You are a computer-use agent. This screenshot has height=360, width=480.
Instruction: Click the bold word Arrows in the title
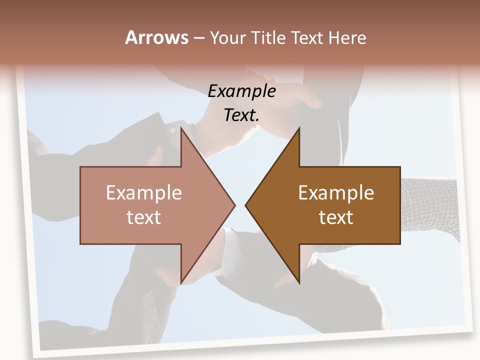pyautogui.click(x=157, y=37)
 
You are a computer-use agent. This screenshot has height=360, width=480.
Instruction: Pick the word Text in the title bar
pyautogui.click(x=307, y=38)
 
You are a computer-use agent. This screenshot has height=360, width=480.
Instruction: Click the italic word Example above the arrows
pyautogui.click(x=241, y=91)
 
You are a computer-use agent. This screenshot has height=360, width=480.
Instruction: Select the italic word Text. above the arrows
pyautogui.click(x=241, y=115)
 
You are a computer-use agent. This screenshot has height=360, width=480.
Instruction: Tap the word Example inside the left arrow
pyautogui.click(x=144, y=192)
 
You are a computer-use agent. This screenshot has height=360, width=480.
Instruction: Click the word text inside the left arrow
pyautogui.click(x=144, y=217)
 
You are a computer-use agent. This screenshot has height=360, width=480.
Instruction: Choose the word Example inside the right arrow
pyautogui.click(x=336, y=192)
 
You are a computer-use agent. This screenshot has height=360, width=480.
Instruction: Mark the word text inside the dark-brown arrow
pyautogui.click(x=336, y=217)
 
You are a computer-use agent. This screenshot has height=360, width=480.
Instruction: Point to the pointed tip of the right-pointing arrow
pyautogui.click(x=234, y=205)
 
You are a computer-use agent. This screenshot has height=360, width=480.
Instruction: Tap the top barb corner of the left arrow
pyautogui.click(x=181, y=128)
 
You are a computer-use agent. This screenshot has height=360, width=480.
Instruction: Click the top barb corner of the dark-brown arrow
pyautogui.click(x=299, y=128)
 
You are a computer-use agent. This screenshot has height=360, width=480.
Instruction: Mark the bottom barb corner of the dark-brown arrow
pyautogui.click(x=299, y=282)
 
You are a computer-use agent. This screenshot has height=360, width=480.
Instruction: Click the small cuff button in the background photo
pyautogui.click(x=172, y=131)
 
